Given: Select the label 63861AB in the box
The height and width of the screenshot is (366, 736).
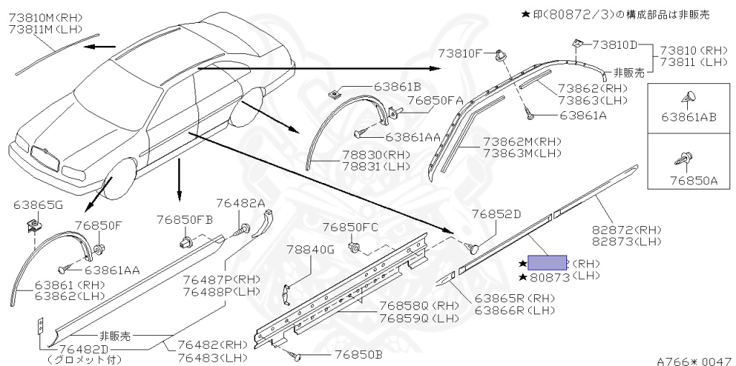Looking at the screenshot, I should pyautogui.click(x=689, y=118).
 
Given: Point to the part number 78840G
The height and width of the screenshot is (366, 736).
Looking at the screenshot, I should pyautogui.click(x=310, y=250).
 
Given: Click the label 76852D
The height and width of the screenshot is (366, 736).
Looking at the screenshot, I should pyautogui.click(x=496, y=214).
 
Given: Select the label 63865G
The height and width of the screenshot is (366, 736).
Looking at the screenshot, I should pyautogui.click(x=38, y=205).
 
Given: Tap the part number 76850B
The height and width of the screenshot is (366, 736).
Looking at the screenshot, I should pyautogui.click(x=358, y=354).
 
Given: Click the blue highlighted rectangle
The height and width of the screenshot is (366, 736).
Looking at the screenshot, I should pyautogui.click(x=548, y=262).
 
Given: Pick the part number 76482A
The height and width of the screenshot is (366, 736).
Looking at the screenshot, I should pyautogui.click(x=241, y=204).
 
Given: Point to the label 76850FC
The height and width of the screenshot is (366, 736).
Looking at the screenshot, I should pyautogui.click(x=350, y=227).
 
